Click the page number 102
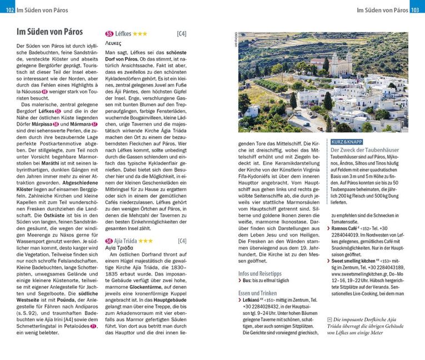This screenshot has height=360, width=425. click(x=7, y=9)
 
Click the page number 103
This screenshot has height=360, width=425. click(x=417, y=9)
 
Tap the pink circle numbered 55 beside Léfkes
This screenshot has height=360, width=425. click(x=109, y=34)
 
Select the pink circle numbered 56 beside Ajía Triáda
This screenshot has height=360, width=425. click(x=109, y=241)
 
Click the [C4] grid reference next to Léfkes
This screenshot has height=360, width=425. click(x=181, y=34)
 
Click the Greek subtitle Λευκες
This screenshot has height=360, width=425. click(x=117, y=43)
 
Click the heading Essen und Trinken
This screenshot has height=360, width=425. click(x=258, y=293)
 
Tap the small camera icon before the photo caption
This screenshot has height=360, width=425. click(x=329, y=320)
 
